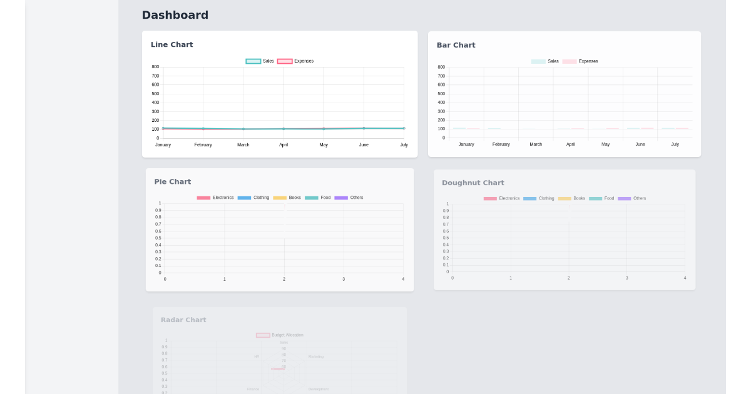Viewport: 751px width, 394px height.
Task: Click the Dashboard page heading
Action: pyautogui.click(x=175, y=15)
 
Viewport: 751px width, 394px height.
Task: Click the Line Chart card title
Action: pyautogui.click(x=171, y=44)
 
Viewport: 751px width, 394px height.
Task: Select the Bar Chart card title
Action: pyautogui.click(x=456, y=45)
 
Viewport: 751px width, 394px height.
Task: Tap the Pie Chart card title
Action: pyautogui.click(x=172, y=181)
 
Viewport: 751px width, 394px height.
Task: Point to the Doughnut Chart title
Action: pyautogui.click(x=473, y=183)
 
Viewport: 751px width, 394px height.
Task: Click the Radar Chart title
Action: pyautogui.click(x=183, y=320)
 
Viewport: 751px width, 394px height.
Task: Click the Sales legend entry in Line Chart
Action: pyautogui.click(x=260, y=61)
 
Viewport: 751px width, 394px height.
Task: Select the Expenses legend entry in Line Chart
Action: pyautogui.click(x=295, y=61)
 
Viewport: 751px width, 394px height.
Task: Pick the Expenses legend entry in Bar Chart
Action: pyautogui.click(x=580, y=61)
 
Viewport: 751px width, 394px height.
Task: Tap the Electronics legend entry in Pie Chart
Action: pyautogui.click(x=215, y=198)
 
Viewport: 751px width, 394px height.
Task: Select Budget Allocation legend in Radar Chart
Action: pyautogui.click(x=280, y=335)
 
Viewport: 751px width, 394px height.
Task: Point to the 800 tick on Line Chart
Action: pyautogui.click(x=155, y=67)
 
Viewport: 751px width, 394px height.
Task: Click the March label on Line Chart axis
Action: pyautogui.click(x=243, y=144)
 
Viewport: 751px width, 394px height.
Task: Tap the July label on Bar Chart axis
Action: pyautogui.click(x=675, y=144)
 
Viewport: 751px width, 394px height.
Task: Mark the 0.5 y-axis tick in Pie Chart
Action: pyautogui.click(x=158, y=238)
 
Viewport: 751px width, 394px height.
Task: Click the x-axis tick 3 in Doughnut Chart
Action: pyautogui.click(x=626, y=278)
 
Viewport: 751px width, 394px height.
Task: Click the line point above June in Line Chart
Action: pyautogui.click(x=364, y=128)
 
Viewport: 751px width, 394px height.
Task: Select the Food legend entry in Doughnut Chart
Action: pyautogui.click(x=602, y=198)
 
